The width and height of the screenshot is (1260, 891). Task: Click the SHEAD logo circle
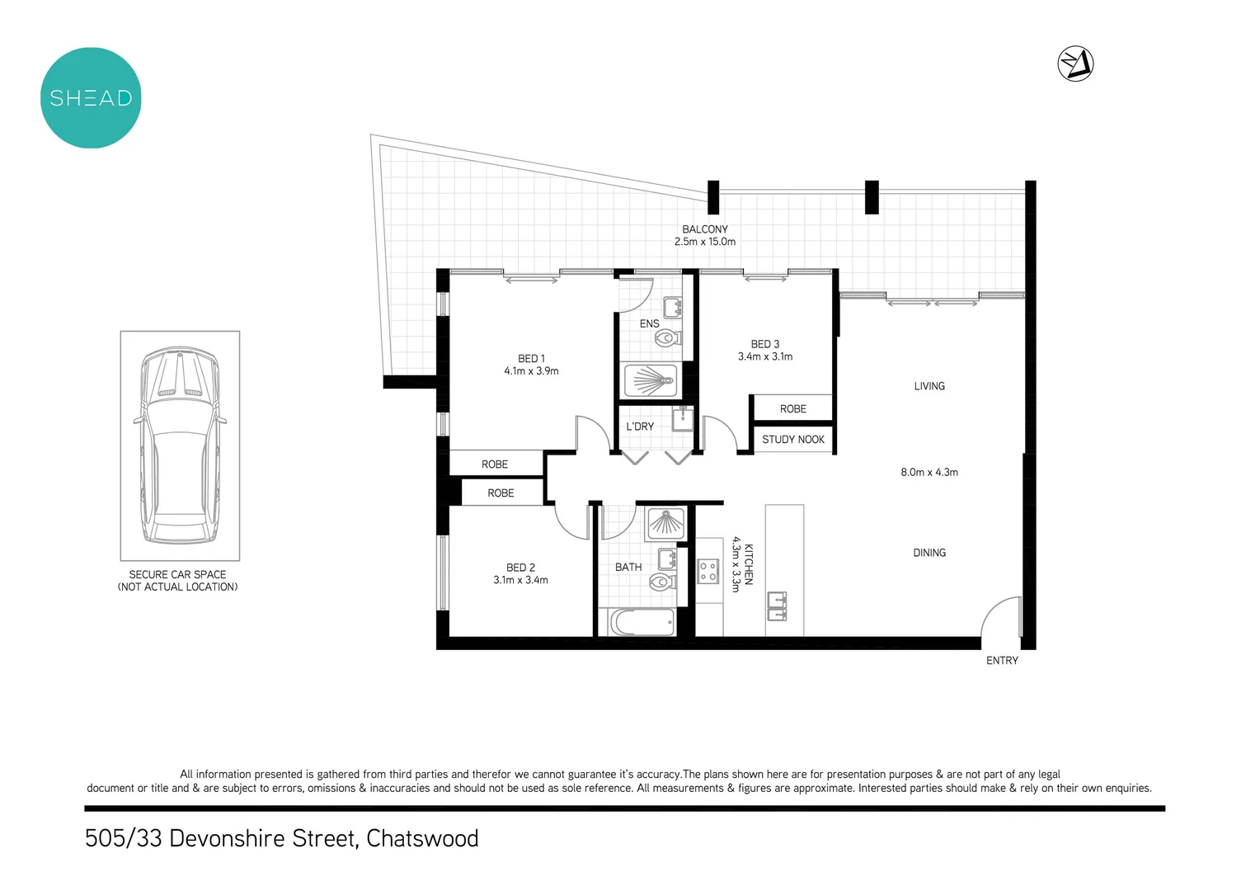(x=91, y=98)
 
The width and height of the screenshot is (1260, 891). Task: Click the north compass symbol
(x=1075, y=64)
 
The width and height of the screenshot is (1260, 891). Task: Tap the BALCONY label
(x=704, y=229)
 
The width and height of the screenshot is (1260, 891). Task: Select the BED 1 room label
(x=531, y=359)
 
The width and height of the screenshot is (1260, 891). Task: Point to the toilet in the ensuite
(x=667, y=337)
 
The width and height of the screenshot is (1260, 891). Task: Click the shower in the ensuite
(x=651, y=380)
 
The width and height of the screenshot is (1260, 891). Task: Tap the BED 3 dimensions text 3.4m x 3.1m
(x=764, y=356)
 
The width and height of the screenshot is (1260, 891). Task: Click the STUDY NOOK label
(x=792, y=440)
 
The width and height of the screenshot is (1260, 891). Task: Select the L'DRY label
(x=640, y=427)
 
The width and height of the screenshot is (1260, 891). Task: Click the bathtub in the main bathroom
(x=642, y=622)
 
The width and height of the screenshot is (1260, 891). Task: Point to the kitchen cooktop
(x=708, y=571)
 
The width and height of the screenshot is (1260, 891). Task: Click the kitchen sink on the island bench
(x=777, y=605)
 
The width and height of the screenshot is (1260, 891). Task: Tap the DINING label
(x=929, y=553)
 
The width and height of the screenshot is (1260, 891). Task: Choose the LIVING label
(x=929, y=386)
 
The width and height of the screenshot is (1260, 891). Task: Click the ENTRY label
(x=1002, y=661)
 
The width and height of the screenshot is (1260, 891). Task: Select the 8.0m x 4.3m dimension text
(x=929, y=473)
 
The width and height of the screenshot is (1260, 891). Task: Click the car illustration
(x=180, y=445)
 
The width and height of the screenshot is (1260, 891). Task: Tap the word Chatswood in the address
(x=422, y=838)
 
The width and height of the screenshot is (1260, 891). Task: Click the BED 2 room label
(x=520, y=568)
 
